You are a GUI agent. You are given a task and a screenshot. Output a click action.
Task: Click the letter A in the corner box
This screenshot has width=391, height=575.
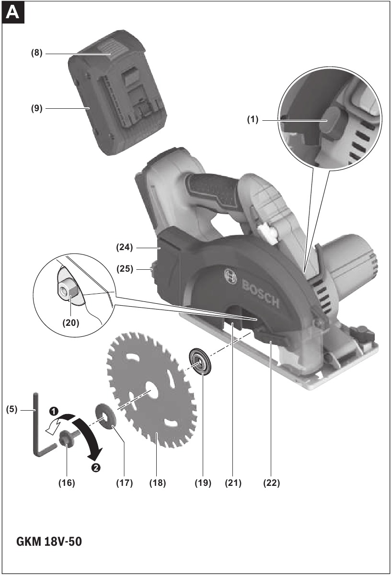pyautogui.click(x=12, y=12)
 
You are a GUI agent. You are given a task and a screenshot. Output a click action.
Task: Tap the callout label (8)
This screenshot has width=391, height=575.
pyautogui.click(x=37, y=53)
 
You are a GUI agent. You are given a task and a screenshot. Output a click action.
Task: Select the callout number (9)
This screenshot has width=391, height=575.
pyautogui.click(x=37, y=108)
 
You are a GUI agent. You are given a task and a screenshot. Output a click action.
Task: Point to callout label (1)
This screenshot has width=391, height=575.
pyautogui.click(x=253, y=120)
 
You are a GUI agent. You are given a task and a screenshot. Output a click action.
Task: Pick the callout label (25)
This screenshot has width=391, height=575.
pyautogui.click(x=125, y=269)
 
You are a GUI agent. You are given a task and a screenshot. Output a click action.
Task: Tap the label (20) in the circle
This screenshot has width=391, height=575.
pyautogui.click(x=71, y=322)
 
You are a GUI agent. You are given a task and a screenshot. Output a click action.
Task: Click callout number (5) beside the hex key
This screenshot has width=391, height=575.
pyautogui.click(x=12, y=409)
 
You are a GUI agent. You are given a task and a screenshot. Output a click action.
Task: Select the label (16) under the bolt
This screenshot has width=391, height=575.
pyautogui.click(x=67, y=483)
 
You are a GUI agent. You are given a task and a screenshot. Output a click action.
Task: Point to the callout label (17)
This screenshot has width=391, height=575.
pyautogui.click(x=125, y=483)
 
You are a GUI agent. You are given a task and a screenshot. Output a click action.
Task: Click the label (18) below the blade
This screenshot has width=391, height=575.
pyautogui.click(x=158, y=483)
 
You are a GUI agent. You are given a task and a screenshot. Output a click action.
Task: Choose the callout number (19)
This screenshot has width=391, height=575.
pyautogui.click(x=203, y=483)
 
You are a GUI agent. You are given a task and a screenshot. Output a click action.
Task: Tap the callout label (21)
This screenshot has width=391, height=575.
pyautogui.click(x=233, y=483)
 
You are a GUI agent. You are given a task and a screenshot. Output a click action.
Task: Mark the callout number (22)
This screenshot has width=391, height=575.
pyautogui.click(x=271, y=483)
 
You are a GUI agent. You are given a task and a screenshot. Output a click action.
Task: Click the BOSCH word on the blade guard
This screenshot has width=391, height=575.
pyautogui.click(x=261, y=294)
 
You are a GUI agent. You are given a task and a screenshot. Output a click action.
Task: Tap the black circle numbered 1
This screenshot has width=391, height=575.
pyautogui.click(x=53, y=411)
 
